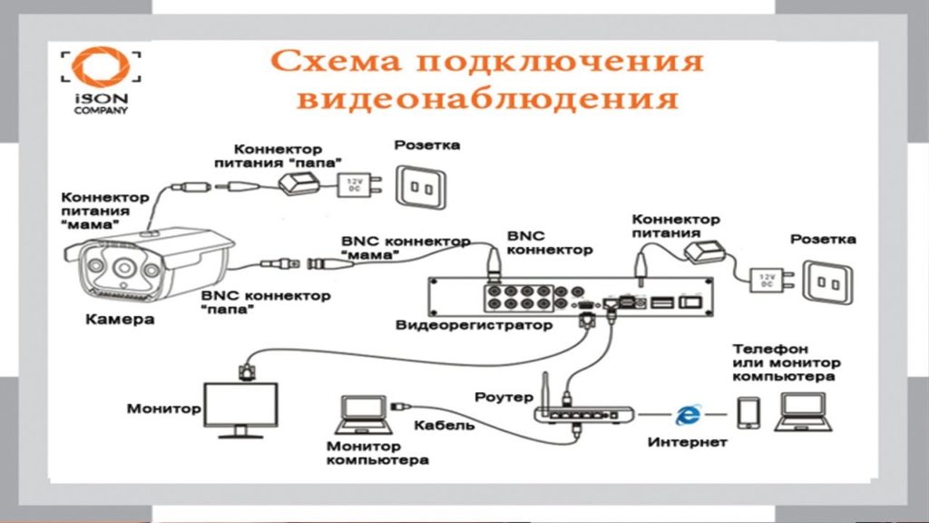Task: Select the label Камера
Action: pyautogui.click(x=120, y=320)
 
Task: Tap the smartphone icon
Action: pyautogui.click(x=748, y=413)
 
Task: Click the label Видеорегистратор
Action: pyautogui.click(x=474, y=324)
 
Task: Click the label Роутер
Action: pyautogui.click(x=497, y=397)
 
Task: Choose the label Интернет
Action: pyautogui.click(x=688, y=442)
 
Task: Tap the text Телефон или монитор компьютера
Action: pyautogui.click(x=785, y=361)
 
